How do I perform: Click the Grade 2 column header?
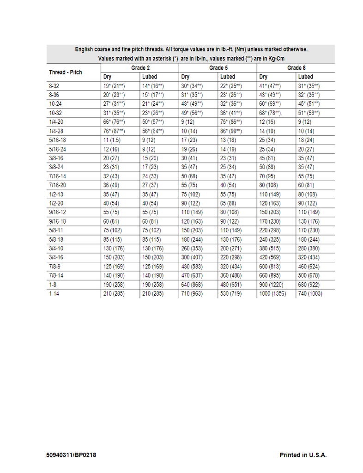pyautogui.click(x=140, y=68)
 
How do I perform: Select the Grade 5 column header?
pyautogui.click(x=218, y=68)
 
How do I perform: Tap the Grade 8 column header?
pyautogui.click(x=296, y=68)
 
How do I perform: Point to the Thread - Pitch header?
pyautogui.click(x=66, y=73)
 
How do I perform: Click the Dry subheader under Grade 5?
pyautogui.click(x=185, y=77)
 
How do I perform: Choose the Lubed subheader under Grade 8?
pyautogui.click(x=305, y=77)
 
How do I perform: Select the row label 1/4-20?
pyautogui.click(x=56, y=121)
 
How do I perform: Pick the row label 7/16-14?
pyautogui.click(x=58, y=176)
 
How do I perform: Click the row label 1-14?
pyautogui.click(x=54, y=293)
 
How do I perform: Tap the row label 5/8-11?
pyautogui.click(x=56, y=230)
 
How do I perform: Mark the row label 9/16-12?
pyautogui.click(x=58, y=212)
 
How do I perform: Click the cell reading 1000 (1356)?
pyautogui.click(x=272, y=293)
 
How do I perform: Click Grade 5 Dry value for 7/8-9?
pyautogui.click(x=192, y=267)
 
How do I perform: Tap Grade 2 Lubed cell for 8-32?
pyautogui.click(x=153, y=86)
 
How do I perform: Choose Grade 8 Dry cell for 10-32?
pyautogui.click(x=271, y=113)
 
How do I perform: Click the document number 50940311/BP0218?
pyautogui.click(x=72, y=455)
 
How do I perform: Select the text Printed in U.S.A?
pyautogui.click(x=303, y=455)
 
